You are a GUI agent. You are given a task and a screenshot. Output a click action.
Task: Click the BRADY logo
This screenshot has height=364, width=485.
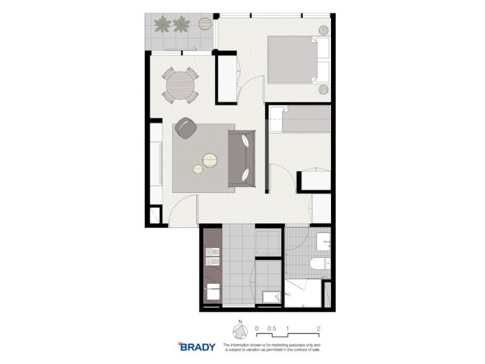pyautogui.click(x=197, y=347)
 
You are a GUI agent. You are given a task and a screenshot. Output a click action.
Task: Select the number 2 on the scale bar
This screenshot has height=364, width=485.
pyautogui.click(x=318, y=328)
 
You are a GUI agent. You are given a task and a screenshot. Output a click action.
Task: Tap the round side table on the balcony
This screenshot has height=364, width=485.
pyautogui.click(x=205, y=24)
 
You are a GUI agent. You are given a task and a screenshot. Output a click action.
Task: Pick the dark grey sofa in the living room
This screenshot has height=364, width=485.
pyautogui.click(x=241, y=158)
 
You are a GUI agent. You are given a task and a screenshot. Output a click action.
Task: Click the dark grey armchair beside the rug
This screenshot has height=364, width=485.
pyautogui.click(x=186, y=128)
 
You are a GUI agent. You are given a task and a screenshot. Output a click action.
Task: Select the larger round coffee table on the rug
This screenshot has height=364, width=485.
pyautogui.click(x=210, y=160)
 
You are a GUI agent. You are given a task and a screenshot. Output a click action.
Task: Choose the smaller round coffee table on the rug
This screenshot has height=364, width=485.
pyautogui.click(x=198, y=170)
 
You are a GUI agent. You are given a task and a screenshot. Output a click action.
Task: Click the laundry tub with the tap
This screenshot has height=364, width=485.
pyautogui.click(x=267, y=296)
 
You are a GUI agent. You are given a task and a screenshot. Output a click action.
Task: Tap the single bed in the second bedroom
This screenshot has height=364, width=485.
pyautogui.click(x=300, y=119)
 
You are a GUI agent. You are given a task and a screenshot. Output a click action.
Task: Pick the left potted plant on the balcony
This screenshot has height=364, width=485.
pyautogui.click(x=162, y=24)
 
